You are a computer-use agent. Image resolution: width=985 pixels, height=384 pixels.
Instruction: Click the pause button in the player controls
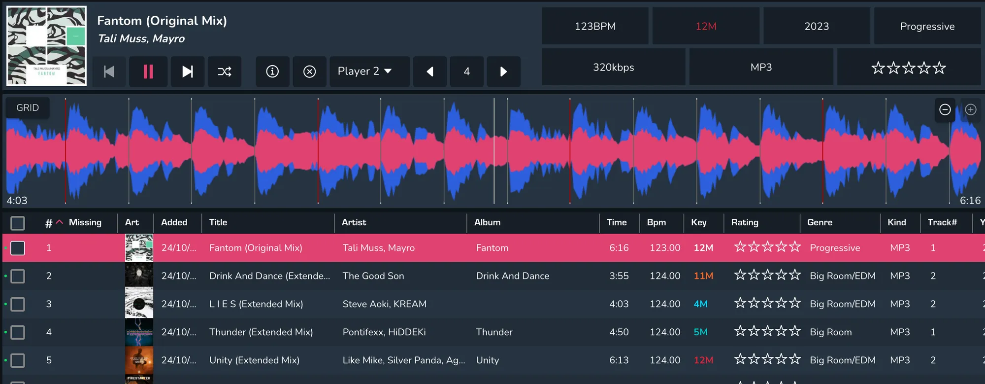[148, 71]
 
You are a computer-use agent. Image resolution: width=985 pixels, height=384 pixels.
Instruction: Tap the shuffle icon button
[225, 71]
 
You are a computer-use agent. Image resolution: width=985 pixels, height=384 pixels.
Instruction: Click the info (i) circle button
[272, 71]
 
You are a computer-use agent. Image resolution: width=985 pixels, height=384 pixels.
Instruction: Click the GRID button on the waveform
[28, 108]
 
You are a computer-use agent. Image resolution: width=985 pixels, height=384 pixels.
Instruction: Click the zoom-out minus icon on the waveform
[945, 109]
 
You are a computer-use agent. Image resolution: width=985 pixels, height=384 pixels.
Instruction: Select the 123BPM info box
[595, 26]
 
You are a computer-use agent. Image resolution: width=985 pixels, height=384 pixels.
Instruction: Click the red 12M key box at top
[706, 26]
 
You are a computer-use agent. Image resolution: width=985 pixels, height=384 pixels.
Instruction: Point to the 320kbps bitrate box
[613, 67]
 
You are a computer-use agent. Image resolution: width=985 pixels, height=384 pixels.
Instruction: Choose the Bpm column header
[656, 222]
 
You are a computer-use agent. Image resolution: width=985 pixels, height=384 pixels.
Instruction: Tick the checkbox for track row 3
[18, 304]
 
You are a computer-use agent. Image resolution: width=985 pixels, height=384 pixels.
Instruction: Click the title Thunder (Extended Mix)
[261, 332]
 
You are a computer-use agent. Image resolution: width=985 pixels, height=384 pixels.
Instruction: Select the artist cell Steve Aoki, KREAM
[385, 304]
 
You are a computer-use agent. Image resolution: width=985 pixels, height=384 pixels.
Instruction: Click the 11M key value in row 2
[703, 276]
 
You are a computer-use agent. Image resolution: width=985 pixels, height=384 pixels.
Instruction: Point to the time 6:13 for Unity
[619, 360]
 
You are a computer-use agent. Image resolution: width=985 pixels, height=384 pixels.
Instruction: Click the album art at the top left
[46, 46]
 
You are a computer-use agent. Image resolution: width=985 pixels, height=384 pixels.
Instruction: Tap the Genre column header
[820, 222]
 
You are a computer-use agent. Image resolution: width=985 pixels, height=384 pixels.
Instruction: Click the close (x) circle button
[309, 71]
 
